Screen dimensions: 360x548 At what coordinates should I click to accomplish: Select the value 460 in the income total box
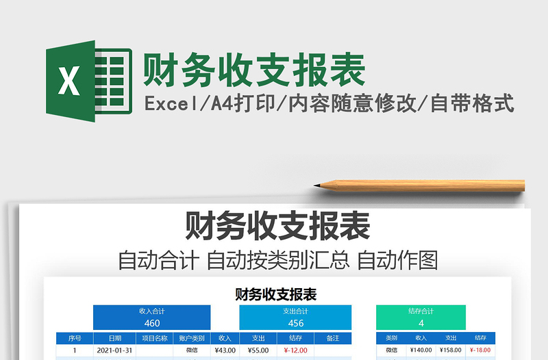pyautogui.click(x=152, y=323)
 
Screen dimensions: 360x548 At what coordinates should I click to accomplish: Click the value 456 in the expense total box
pyautogui.click(x=295, y=323)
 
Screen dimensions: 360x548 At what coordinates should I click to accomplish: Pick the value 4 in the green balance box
pyautogui.click(x=421, y=323)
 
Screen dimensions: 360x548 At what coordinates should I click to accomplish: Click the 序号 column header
pyautogui.click(x=75, y=338)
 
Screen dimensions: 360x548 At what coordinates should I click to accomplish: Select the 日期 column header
pyautogui.click(x=115, y=338)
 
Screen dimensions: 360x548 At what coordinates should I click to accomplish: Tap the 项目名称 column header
pyautogui.click(x=155, y=338)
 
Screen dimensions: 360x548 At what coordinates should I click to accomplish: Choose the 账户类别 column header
pyautogui.click(x=192, y=338)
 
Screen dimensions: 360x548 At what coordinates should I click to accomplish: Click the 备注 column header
pyautogui.click(x=333, y=338)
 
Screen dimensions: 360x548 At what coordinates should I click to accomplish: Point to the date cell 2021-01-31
pyautogui.click(x=115, y=350)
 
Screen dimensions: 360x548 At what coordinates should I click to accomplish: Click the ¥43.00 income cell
pyautogui.click(x=225, y=350)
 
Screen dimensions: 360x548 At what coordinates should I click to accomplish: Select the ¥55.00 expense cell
pyautogui.click(x=258, y=350)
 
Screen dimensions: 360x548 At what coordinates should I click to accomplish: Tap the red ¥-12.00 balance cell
pyautogui.click(x=295, y=350)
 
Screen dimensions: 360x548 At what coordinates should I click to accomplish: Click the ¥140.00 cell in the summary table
pyautogui.click(x=421, y=350)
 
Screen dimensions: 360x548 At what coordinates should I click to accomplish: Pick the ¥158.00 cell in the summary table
pyautogui.click(x=451, y=350)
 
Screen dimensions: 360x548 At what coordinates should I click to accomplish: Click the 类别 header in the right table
pyautogui.click(x=391, y=338)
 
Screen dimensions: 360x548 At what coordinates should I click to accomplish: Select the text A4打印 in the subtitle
pyautogui.click(x=236, y=104)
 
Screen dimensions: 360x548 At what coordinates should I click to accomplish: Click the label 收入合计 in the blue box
pyautogui.click(x=152, y=311)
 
